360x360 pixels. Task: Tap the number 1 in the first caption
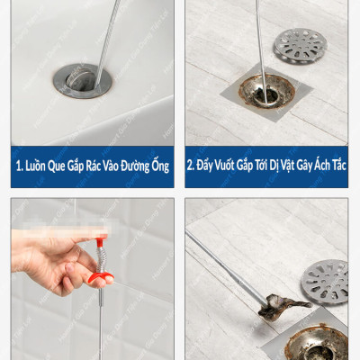pyautogui.click(x=19, y=166)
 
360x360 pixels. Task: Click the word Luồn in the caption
pyautogui.click(x=38, y=166)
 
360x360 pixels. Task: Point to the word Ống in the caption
pyautogui.click(x=161, y=166)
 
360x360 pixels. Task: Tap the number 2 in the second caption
pyautogui.click(x=190, y=166)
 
